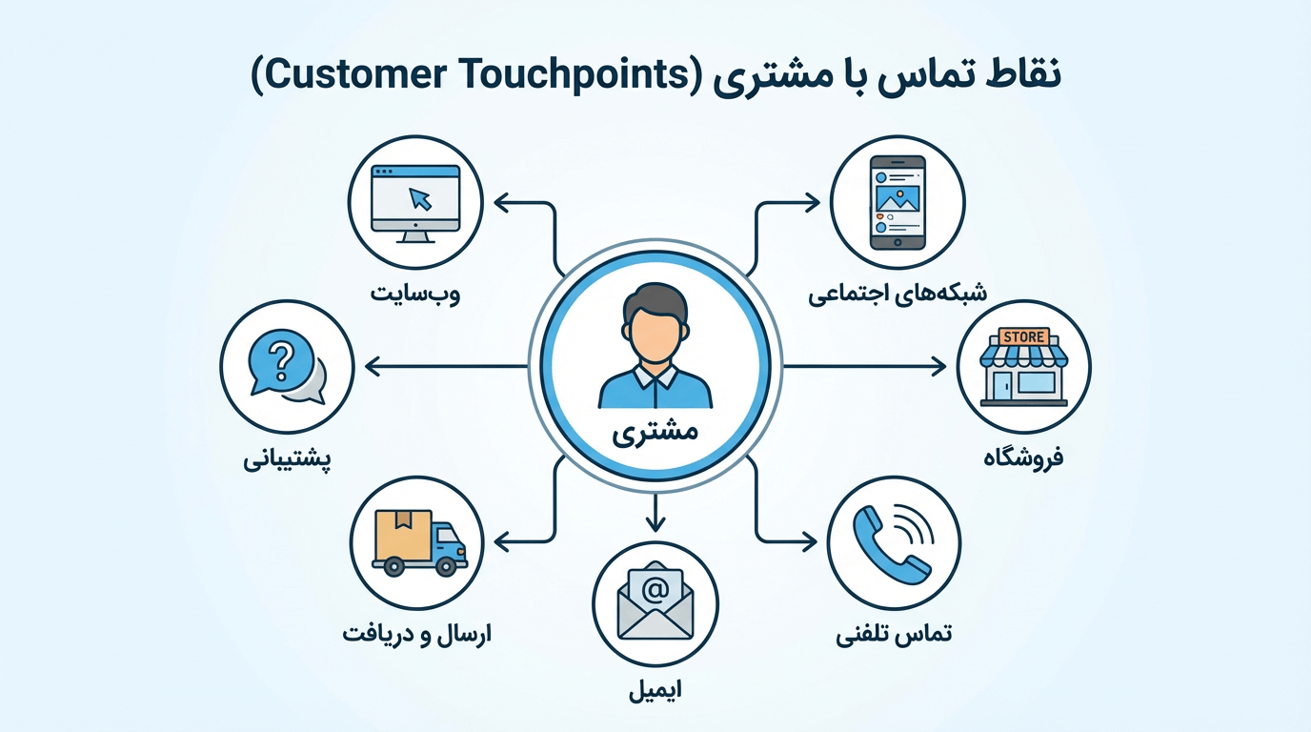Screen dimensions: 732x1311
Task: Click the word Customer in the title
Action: pyautogui.click(x=359, y=77)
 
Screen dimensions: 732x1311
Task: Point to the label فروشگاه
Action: pyautogui.click(x=1023, y=457)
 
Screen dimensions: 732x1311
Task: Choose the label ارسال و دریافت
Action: pyautogui.click(x=417, y=633)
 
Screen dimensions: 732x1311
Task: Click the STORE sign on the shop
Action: pyautogui.click(x=1024, y=337)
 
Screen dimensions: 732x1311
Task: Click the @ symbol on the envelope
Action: pyautogui.click(x=655, y=590)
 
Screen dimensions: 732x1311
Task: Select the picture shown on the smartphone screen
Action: pyautogui.click(x=897, y=197)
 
